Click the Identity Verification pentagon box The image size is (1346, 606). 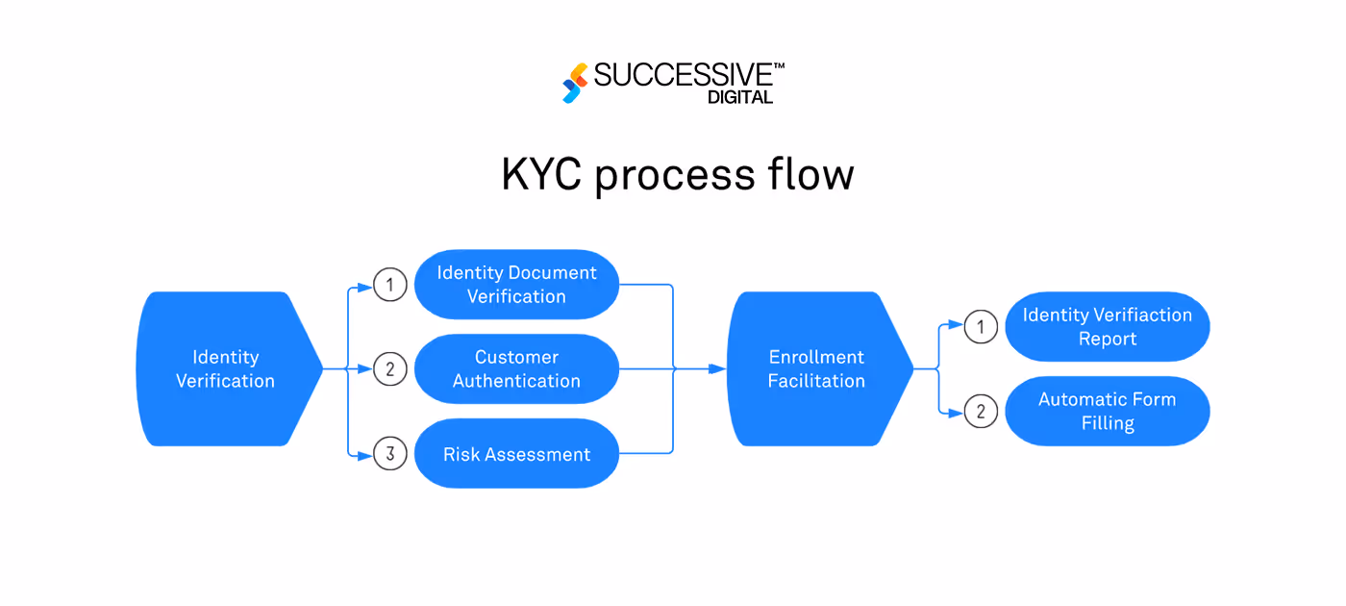point(226,368)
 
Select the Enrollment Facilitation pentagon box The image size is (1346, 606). point(816,368)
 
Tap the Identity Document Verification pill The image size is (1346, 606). point(516,285)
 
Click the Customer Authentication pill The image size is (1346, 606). point(516,368)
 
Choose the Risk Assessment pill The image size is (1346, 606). point(516,454)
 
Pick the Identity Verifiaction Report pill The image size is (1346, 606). point(1107,327)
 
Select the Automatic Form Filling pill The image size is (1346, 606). point(1107,412)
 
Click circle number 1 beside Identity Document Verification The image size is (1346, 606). point(389,285)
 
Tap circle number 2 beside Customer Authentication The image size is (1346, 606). point(389,368)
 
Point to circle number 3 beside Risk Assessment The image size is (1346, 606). point(389,454)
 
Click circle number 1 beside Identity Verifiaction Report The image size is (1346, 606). point(981,327)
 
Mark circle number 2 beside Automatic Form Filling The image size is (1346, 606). point(981,412)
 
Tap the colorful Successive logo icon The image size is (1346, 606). point(575,83)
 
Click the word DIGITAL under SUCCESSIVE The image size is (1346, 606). point(739,97)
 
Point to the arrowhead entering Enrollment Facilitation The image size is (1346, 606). point(718,368)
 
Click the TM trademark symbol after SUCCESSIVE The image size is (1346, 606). point(779,66)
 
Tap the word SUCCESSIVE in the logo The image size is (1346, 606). point(683,76)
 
